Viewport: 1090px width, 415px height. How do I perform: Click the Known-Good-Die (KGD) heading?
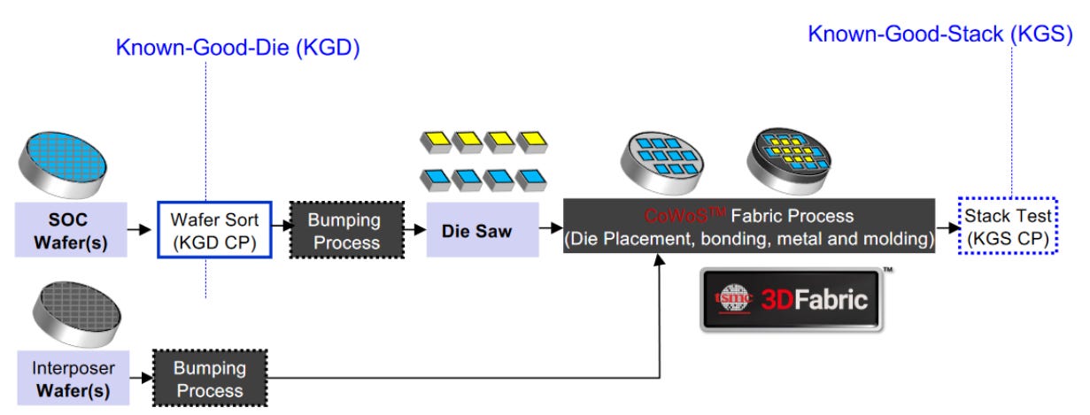click(237, 47)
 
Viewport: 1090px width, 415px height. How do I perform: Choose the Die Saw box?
click(482, 229)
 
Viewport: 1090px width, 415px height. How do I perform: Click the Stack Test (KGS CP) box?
click(1009, 227)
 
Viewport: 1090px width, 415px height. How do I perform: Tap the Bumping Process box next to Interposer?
click(209, 379)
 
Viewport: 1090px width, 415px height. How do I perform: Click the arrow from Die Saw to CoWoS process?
click(551, 228)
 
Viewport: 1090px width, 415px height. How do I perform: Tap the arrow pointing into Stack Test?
click(947, 227)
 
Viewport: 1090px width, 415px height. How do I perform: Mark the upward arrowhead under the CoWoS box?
click(661, 260)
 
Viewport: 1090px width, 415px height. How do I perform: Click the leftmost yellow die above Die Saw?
click(435, 142)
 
